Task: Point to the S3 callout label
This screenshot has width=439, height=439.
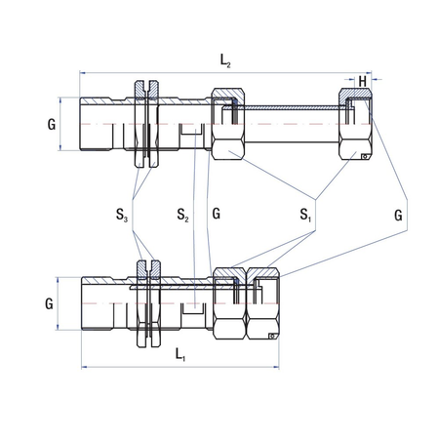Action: (x=121, y=214)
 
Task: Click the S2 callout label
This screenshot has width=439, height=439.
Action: (x=182, y=214)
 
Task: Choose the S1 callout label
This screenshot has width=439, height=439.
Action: (x=306, y=214)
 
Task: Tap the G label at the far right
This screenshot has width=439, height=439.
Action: (x=399, y=213)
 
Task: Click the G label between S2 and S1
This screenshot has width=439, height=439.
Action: (x=216, y=213)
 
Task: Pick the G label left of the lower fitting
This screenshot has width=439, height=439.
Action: (x=48, y=303)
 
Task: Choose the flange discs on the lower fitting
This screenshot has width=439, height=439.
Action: (x=148, y=303)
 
